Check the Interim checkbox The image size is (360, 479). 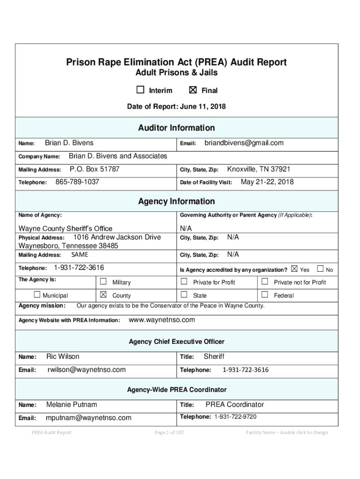(140, 90)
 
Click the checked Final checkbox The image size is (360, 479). (193, 90)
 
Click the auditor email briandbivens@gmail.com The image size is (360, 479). (244, 143)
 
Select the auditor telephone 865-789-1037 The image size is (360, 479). (77, 182)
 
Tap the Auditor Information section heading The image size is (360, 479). (176, 128)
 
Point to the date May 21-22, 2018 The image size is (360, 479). (267, 182)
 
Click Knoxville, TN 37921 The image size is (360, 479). (259, 169)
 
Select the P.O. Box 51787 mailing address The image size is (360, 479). (94, 169)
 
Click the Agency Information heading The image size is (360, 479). (176, 202)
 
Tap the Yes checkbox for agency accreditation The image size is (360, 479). (294, 269)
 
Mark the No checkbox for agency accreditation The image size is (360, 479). (320, 269)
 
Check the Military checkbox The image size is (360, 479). (103, 282)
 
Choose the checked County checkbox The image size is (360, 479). (103, 295)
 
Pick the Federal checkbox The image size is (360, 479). (265, 295)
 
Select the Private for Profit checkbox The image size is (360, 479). (184, 282)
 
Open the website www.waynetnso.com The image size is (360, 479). (161, 320)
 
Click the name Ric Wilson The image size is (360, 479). (63, 356)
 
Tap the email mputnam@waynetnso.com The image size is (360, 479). (88, 418)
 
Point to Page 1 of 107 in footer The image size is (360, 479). (169, 433)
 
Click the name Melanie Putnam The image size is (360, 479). (72, 405)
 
